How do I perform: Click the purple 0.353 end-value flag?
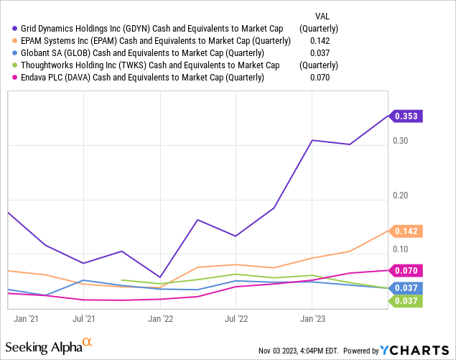point(408,115)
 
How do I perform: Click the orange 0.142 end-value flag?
point(408,231)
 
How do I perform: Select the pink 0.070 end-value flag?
point(408,271)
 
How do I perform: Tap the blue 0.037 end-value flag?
point(408,288)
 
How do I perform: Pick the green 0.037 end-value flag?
point(408,300)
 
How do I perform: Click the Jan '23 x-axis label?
point(311,316)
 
